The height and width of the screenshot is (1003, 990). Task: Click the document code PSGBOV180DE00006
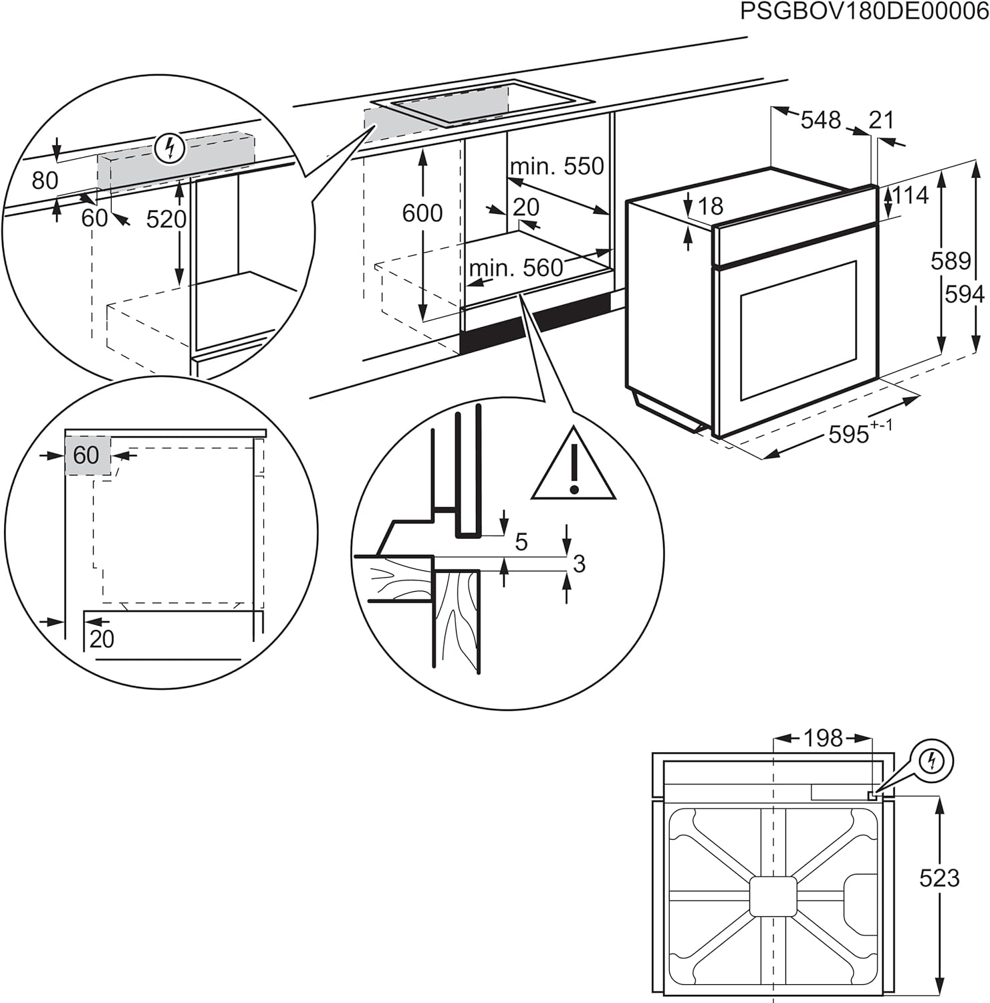coord(864,12)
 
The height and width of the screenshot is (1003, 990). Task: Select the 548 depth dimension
coord(820,120)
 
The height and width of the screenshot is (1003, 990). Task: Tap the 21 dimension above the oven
coord(881,120)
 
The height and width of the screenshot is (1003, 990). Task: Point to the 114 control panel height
coord(910,195)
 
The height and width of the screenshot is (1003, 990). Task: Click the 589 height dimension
coord(950,260)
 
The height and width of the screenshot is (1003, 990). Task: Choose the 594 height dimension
coord(964,294)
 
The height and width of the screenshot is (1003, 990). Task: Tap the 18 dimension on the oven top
coord(710,206)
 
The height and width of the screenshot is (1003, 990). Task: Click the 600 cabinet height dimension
coord(422,213)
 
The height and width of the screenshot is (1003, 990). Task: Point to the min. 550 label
coord(557,166)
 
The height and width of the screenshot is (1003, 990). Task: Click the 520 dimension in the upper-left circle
coord(166,219)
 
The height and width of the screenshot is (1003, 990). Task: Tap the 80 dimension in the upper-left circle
coord(45,181)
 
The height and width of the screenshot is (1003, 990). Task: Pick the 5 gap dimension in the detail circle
coord(521,542)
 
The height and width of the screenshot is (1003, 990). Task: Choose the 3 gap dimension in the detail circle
coord(579,564)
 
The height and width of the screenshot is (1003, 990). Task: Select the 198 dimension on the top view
coord(822,738)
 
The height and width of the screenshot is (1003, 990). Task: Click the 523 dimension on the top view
coord(939,877)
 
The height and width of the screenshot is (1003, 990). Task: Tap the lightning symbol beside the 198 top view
coord(933,760)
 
